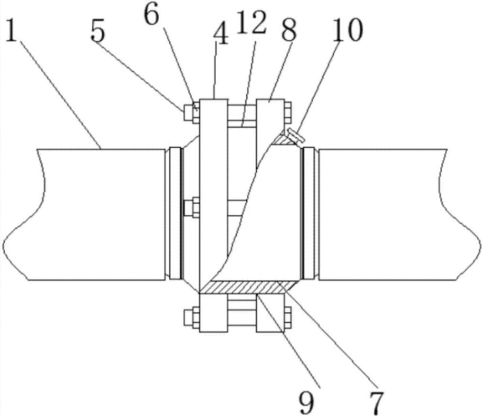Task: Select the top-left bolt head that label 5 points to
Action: click(188, 112)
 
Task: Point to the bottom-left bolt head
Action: click(188, 317)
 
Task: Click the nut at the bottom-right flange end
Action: click(288, 317)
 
